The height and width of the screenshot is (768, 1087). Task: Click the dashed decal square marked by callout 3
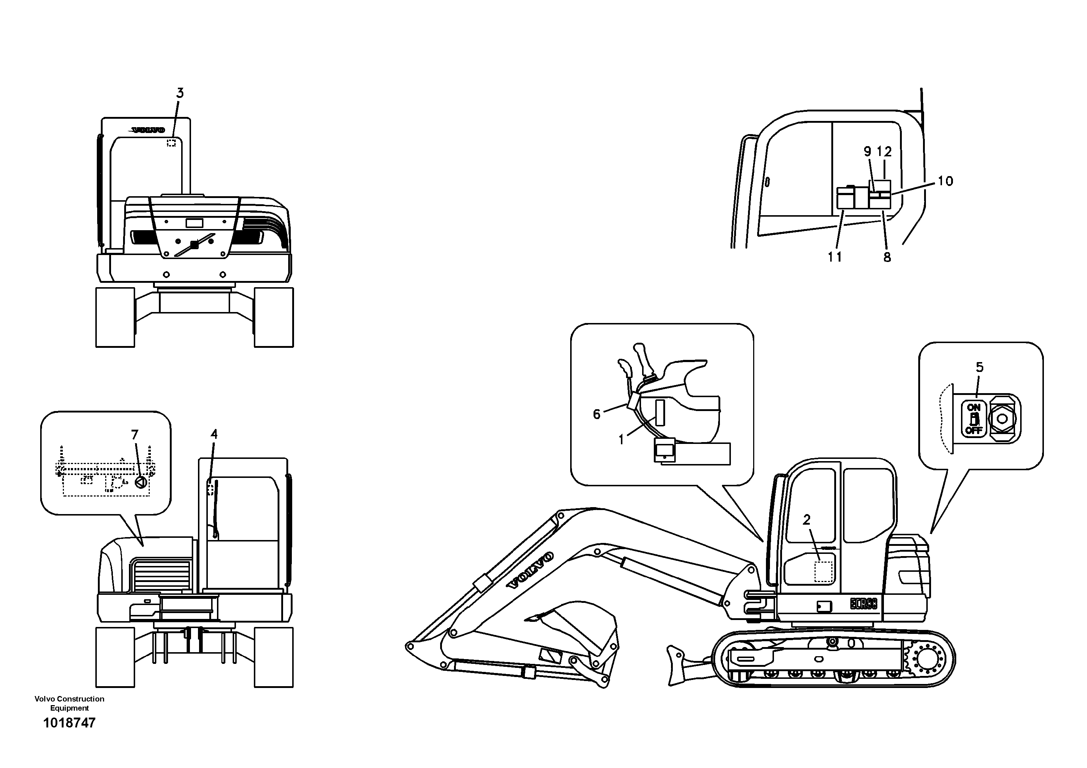click(171, 142)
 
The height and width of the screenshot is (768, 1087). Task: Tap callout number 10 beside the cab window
click(945, 181)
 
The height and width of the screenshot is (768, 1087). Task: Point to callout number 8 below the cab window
click(887, 257)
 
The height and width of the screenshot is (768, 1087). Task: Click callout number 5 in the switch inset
click(980, 367)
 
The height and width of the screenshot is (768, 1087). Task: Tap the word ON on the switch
click(973, 407)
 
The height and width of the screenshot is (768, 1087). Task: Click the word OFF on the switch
click(973, 430)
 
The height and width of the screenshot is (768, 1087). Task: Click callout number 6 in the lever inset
click(596, 414)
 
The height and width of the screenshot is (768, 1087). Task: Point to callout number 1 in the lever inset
click(621, 440)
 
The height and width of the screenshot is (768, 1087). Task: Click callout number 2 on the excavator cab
click(807, 520)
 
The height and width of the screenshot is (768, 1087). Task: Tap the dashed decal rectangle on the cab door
click(823, 571)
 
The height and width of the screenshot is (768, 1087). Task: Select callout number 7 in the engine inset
click(135, 434)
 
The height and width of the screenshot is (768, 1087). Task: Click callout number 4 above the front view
click(214, 434)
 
